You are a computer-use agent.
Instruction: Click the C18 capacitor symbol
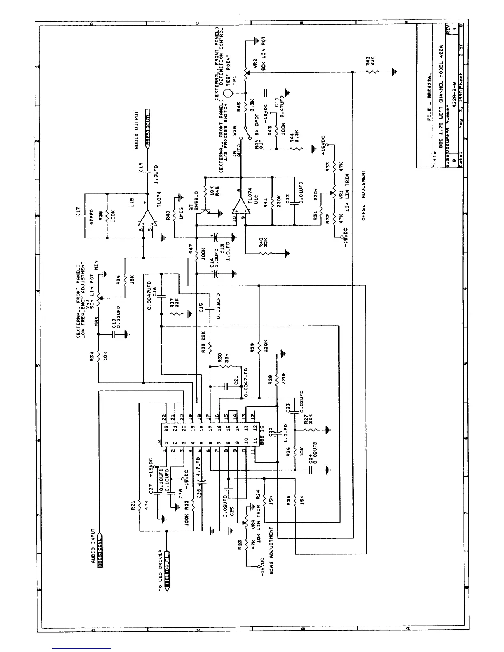click(147, 173)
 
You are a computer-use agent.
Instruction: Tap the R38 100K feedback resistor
click(107, 215)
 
